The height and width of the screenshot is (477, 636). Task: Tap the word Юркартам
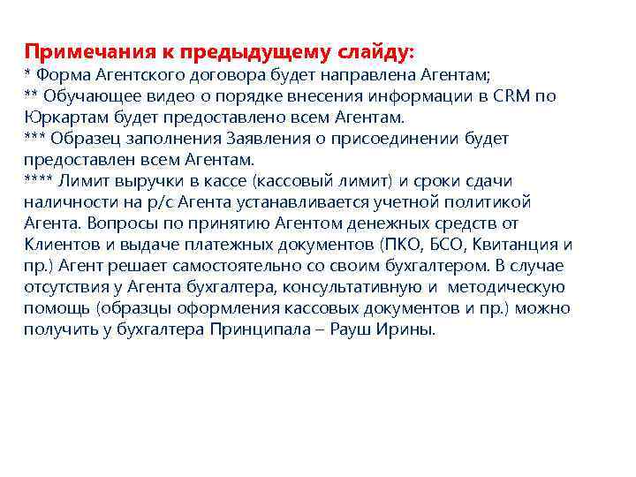[62, 117]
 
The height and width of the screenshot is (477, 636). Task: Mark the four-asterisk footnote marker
[40, 181]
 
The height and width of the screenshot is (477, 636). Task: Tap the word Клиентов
[60, 245]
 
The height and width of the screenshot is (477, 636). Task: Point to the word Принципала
[254, 329]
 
